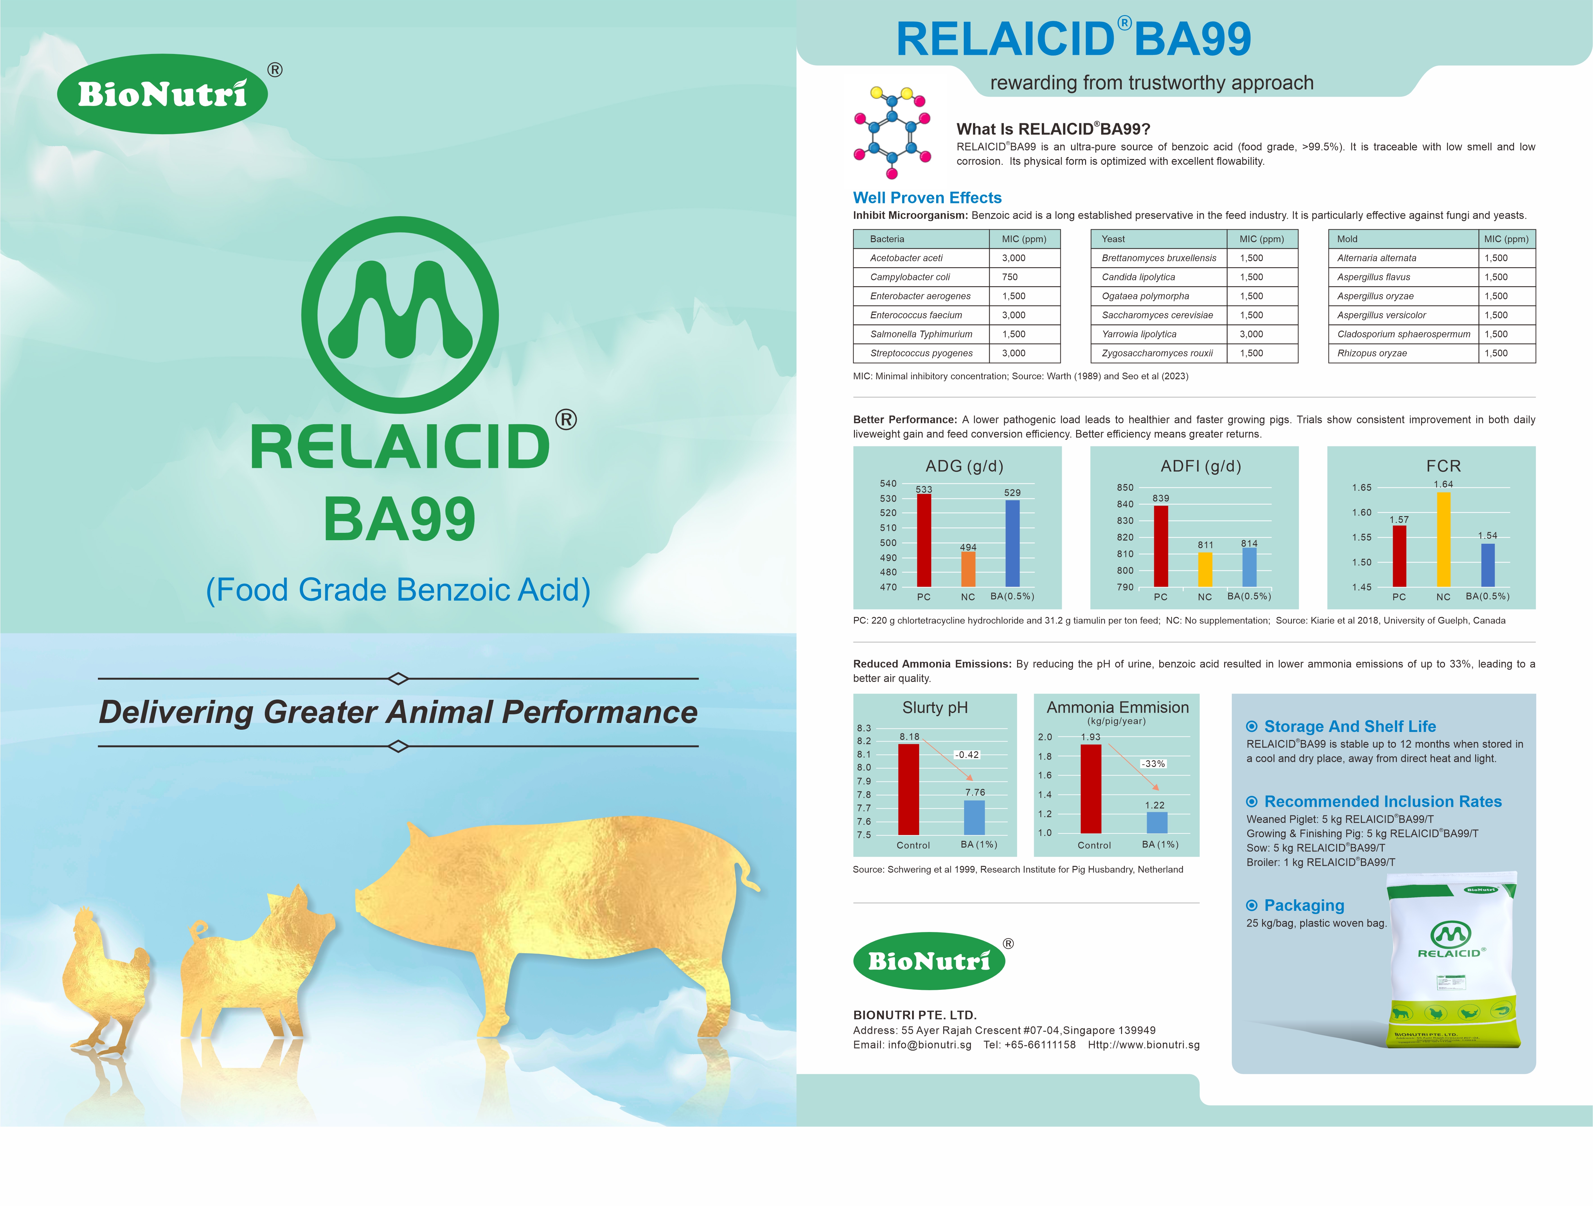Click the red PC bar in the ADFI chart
point(1161,546)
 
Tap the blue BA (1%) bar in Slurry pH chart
point(974,818)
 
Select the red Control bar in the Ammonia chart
point(1091,789)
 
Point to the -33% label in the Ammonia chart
point(1154,764)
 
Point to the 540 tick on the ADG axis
point(888,483)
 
